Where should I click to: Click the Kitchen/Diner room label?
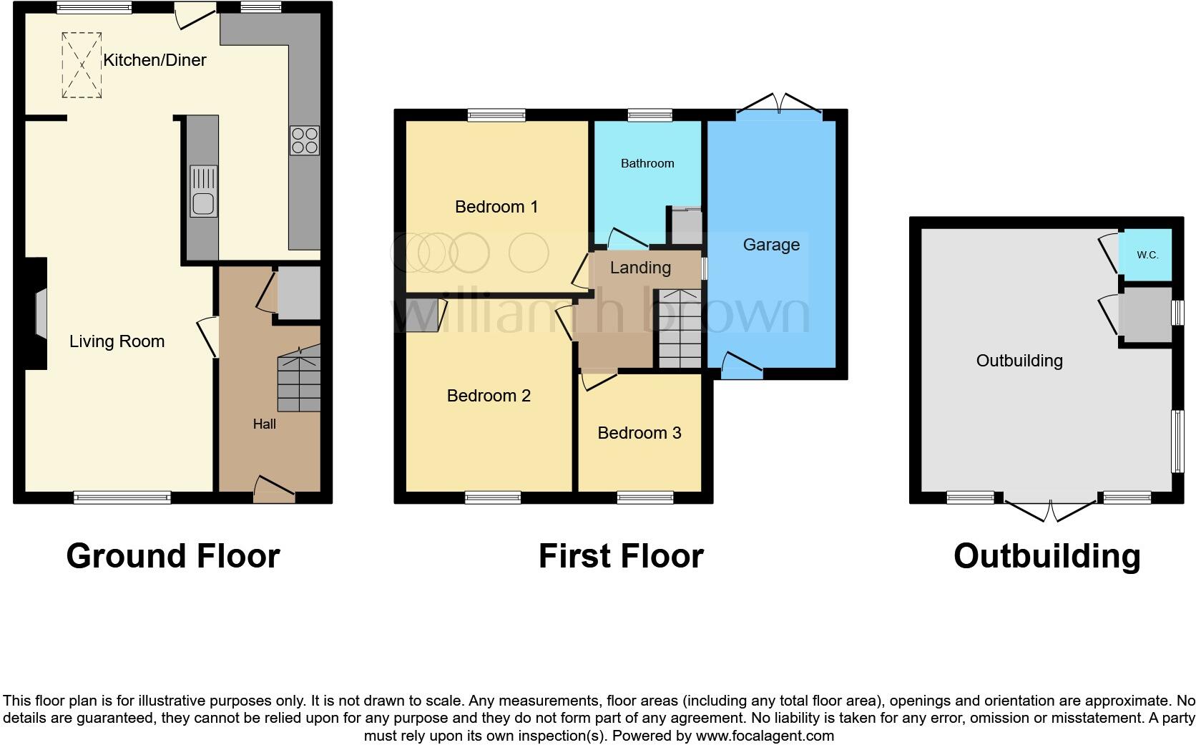click(155, 60)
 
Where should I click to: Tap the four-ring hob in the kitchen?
click(304, 140)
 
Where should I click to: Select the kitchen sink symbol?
click(204, 192)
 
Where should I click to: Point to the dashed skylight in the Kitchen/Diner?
click(82, 65)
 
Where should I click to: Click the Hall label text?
click(264, 424)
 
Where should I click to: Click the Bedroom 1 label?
click(496, 207)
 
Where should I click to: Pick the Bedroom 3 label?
click(639, 433)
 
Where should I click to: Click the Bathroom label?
click(647, 163)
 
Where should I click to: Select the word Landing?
click(640, 268)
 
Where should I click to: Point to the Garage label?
click(771, 245)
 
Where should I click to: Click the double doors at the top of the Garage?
click(780, 104)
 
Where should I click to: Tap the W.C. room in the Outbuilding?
click(1147, 255)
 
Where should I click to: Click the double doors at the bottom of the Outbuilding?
click(1051, 510)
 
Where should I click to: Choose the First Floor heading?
click(620, 556)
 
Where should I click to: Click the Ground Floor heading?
click(172, 556)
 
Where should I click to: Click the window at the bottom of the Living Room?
click(122, 497)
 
